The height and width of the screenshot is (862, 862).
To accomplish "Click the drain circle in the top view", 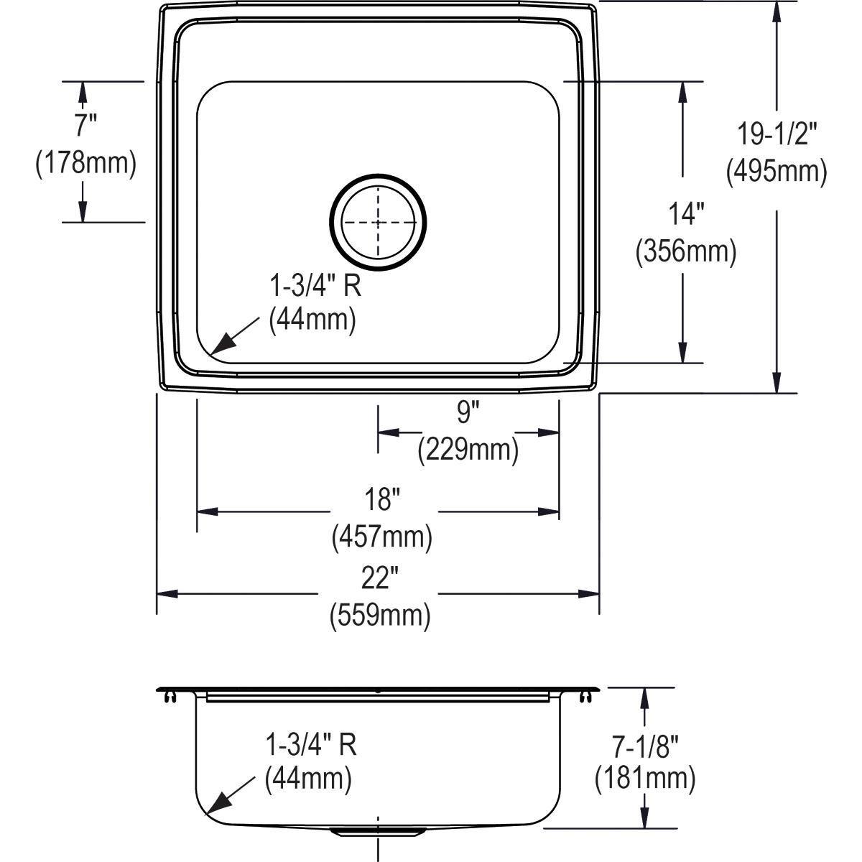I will pyautogui.click(x=378, y=222).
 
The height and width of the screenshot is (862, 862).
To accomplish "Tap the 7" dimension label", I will pyautogui.click(x=85, y=126).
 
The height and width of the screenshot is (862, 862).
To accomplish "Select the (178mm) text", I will pyautogui.click(x=85, y=163).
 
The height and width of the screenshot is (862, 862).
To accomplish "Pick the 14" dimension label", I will pyautogui.click(x=686, y=214).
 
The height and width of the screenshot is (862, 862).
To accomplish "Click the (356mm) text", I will pyautogui.click(x=686, y=252).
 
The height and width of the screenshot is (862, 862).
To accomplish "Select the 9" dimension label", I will pyautogui.click(x=468, y=412).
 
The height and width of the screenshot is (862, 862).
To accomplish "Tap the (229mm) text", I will pyautogui.click(x=468, y=450).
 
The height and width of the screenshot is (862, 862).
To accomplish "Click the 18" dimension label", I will pyautogui.click(x=382, y=499).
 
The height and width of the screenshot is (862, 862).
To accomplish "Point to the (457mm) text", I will pyautogui.click(x=382, y=537).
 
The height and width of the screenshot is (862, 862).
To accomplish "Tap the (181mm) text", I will pyautogui.click(x=645, y=779).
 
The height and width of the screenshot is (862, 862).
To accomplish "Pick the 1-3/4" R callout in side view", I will pyautogui.click(x=311, y=746).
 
